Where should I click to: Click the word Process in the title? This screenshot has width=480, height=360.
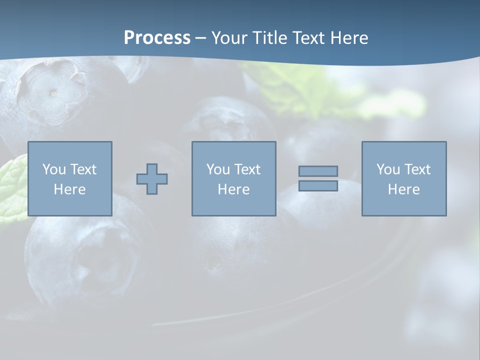point(157,38)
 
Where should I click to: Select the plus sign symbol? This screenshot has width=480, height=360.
point(152,178)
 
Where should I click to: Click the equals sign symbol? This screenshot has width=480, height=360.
point(318,178)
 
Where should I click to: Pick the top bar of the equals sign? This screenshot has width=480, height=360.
point(318,171)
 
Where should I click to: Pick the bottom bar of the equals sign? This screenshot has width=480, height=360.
point(318,185)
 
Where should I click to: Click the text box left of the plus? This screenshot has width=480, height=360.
point(70,178)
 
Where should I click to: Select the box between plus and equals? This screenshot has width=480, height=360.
point(233,178)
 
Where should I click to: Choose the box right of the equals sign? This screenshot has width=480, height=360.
point(403,178)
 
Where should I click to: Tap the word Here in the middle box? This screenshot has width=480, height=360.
point(233,189)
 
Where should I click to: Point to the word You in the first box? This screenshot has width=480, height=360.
point(54,169)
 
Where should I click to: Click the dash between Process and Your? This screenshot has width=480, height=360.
point(200,38)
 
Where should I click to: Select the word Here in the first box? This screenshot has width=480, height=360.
point(70,189)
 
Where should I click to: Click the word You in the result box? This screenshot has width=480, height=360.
point(388,169)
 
